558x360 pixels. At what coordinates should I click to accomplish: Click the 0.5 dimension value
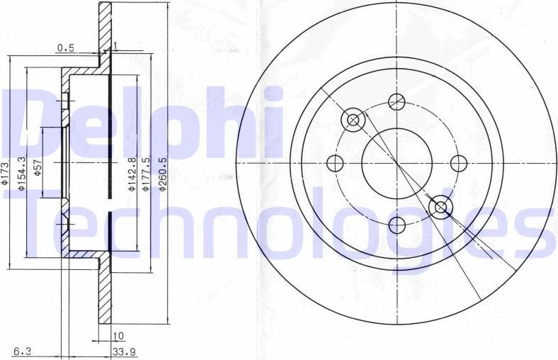pos(65,48)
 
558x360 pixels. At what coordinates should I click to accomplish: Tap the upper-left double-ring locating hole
pos(353,120)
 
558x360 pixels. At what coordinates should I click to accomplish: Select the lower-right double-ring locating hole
pos(441,207)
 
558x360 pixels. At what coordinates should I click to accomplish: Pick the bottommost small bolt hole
pos(397,225)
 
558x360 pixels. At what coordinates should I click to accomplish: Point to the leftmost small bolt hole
pos(335,163)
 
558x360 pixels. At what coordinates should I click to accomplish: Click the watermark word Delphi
pos(142,120)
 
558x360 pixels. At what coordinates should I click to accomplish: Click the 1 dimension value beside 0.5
pos(114,47)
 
